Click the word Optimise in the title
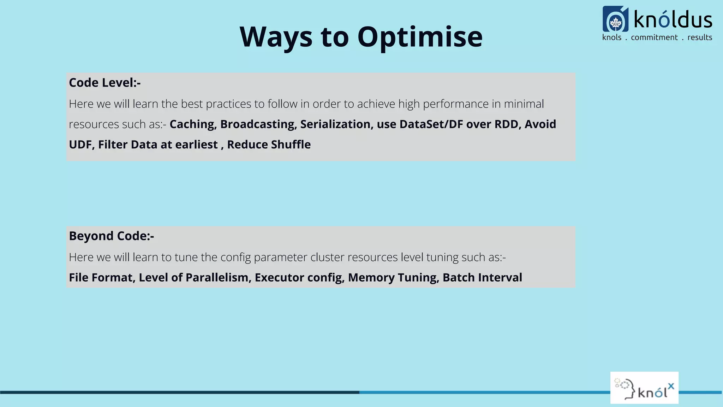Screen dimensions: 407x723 pyautogui.click(x=420, y=37)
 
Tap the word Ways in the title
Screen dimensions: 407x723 pyautogui.click(x=276, y=37)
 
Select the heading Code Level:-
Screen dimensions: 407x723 pyautogui.click(x=104, y=83)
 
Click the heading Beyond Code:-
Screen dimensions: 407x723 pyautogui.click(x=111, y=236)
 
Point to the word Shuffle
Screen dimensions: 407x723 pyautogui.click(x=291, y=145)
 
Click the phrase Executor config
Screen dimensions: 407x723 pyautogui.click(x=299, y=278)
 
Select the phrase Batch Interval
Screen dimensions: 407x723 pyautogui.click(x=482, y=278)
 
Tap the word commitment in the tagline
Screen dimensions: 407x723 pyautogui.click(x=654, y=37)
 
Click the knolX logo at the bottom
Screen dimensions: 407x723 pyautogui.click(x=644, y=388)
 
